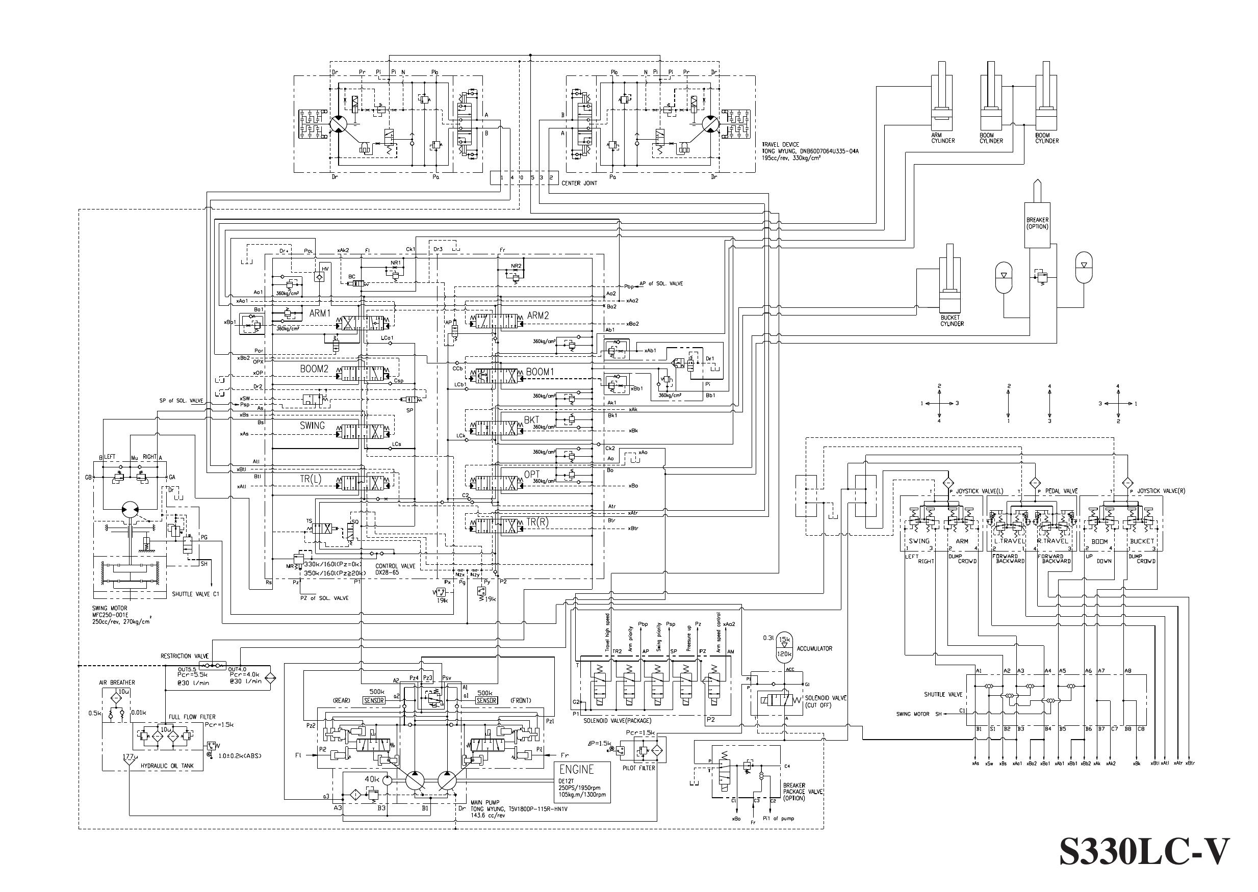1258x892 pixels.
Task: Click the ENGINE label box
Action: (576, 770)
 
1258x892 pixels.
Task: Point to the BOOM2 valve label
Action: (314, 369)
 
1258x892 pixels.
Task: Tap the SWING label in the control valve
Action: (312, 426)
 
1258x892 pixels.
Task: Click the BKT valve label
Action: (531, 420)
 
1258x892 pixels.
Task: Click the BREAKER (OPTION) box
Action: (1037, 224)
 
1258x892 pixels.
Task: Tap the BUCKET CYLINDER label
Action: (952, 321)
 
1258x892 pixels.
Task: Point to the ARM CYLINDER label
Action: (943, 138)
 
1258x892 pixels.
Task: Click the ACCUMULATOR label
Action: (814, 649)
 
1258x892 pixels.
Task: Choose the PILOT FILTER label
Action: (638, 768)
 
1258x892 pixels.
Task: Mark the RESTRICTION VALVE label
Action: (184, 656)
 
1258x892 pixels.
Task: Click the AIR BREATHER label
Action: (117, 683)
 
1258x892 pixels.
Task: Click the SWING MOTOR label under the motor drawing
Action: (110, 608)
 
